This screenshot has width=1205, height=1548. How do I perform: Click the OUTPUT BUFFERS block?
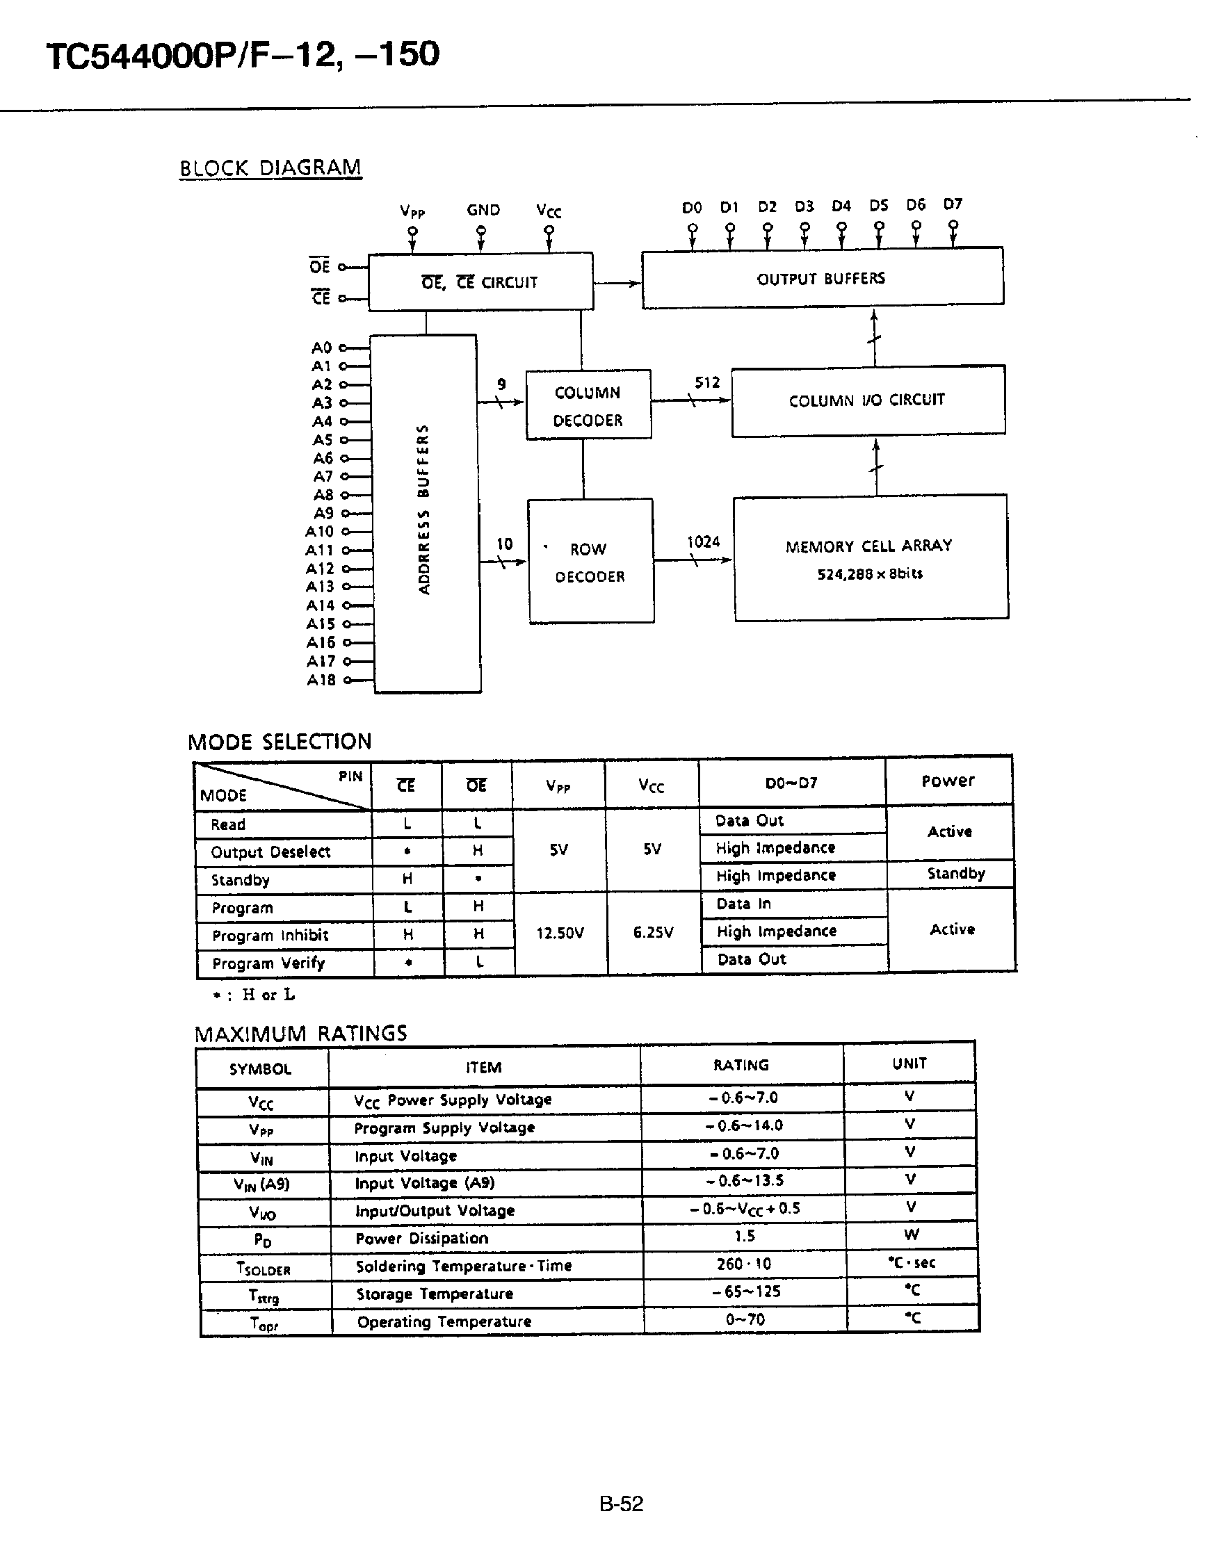point(823,278)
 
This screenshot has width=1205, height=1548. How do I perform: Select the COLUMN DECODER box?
point(588,405)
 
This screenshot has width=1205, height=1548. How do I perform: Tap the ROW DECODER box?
point(590,562)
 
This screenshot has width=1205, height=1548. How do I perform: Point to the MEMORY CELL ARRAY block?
point(870,557)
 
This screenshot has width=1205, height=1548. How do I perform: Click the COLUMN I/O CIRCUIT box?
point(867,400)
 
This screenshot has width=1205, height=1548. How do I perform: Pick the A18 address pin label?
point(321,681)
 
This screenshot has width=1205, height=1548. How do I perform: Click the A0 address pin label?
point(322,348)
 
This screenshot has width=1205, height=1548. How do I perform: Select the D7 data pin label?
point(953,205)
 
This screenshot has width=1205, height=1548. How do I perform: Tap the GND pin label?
point(483,210)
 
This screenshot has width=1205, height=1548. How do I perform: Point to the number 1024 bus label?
point(703,542)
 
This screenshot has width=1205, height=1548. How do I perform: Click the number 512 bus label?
point(706,383)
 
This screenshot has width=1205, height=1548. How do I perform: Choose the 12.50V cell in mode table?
point(560,933)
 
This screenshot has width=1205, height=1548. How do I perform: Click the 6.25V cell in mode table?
point(653,933)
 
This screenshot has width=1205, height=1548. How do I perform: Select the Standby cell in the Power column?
point(955,874)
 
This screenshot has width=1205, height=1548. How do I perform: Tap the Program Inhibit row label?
point(270,936)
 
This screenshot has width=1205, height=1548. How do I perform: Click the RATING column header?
point(741,1066)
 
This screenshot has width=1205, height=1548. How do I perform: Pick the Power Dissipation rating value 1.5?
point(744,1237)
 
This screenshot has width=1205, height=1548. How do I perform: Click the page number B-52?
point(621,1504)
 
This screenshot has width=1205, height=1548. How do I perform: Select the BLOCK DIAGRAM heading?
point(270,168)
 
